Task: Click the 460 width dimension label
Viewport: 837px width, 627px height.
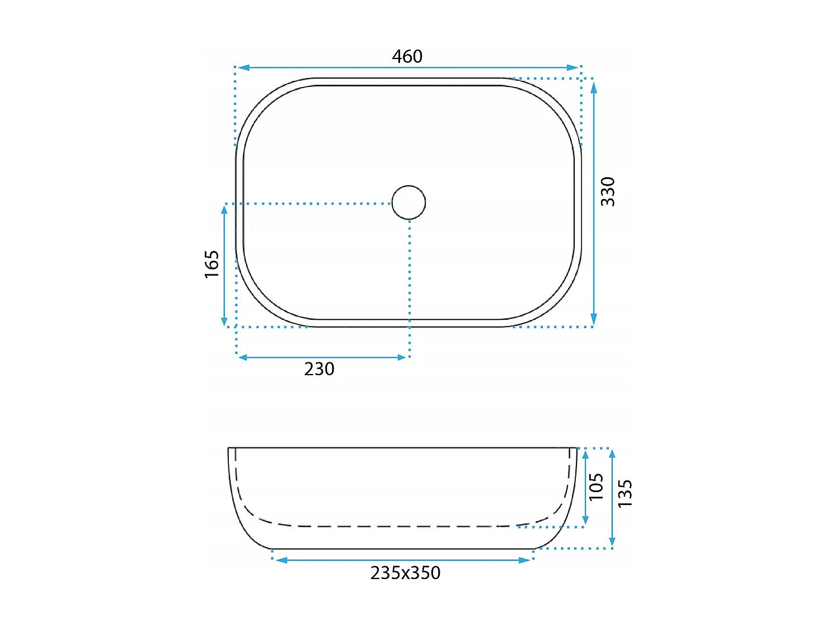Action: [407, 57]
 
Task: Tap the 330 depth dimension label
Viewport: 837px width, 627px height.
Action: [608, 192]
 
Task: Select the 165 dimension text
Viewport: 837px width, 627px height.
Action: [211, 264]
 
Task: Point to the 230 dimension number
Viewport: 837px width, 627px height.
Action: [319, 369]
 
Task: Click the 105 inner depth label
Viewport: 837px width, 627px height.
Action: [596, 487]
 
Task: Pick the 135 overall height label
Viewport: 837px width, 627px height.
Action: [624, 493]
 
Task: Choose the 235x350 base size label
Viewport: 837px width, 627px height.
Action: [405, 573]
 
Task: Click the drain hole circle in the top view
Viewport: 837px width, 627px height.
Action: [409, 202]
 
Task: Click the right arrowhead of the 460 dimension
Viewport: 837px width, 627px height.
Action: [573, 68]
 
